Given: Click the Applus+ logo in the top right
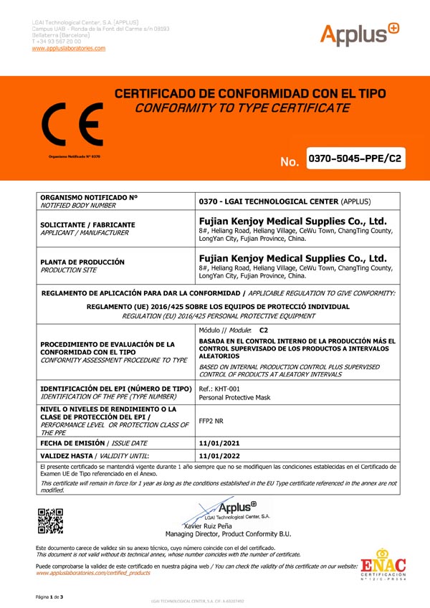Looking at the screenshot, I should tap(360, 34).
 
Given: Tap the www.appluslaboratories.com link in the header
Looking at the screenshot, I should tap(69, 48).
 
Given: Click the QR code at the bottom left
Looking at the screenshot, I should tap(50, 521).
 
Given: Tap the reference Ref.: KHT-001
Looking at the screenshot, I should tap(217, 389).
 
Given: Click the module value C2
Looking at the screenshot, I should tap(264, 329).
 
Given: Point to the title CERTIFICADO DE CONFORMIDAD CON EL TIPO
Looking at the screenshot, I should tap(250, 95).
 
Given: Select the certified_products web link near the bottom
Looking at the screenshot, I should tap(93, 574).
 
